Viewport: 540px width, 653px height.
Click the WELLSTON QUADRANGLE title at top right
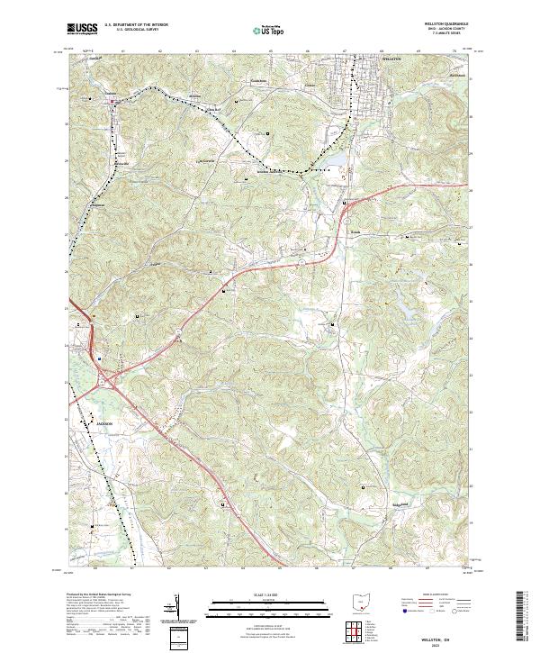click(x=439, y=24)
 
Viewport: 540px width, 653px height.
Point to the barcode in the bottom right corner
click(x=525, y=617)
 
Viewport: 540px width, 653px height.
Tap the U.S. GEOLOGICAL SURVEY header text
click(x=130, y=31)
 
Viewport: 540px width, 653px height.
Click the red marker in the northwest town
click(x=112, y=102)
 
